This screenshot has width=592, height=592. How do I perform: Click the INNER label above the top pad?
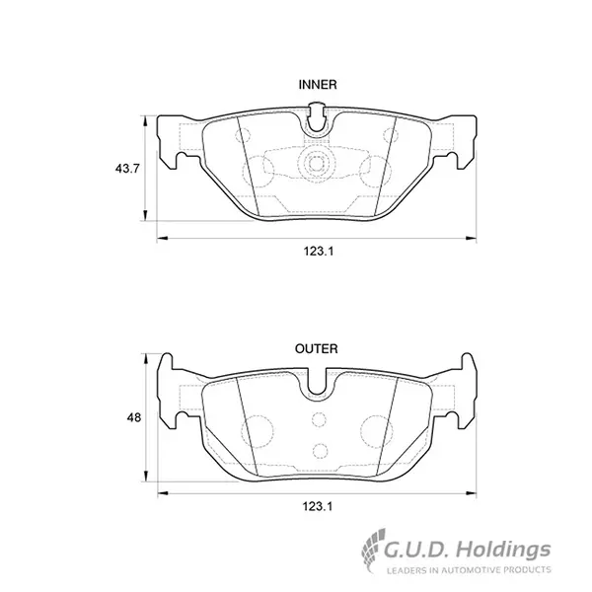click(318, 85)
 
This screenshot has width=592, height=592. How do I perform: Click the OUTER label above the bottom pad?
click(317, 349)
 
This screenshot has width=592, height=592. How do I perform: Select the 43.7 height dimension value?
click(127, 169)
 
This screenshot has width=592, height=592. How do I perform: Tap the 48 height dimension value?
click(133, 417)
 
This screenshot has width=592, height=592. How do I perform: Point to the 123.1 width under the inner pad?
click(319, 251)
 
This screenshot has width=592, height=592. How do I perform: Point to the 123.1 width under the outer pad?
click(318, 506)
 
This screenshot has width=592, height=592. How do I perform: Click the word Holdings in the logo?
click(503, 551)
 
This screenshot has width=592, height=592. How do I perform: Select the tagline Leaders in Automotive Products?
click(469, 569)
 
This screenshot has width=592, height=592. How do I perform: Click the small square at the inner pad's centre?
click(316, 164)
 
